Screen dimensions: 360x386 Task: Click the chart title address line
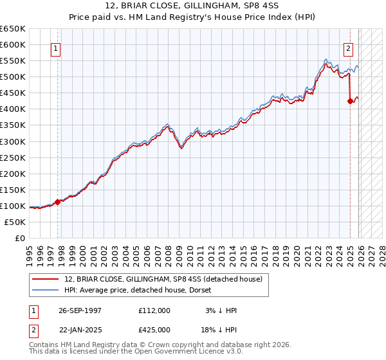192,5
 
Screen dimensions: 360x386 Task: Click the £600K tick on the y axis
13,44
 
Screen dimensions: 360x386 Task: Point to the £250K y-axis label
13,157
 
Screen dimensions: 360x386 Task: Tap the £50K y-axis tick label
15,222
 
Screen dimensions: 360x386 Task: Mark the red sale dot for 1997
58,201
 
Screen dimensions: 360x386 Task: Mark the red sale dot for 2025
350,101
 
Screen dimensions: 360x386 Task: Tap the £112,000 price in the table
154,310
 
